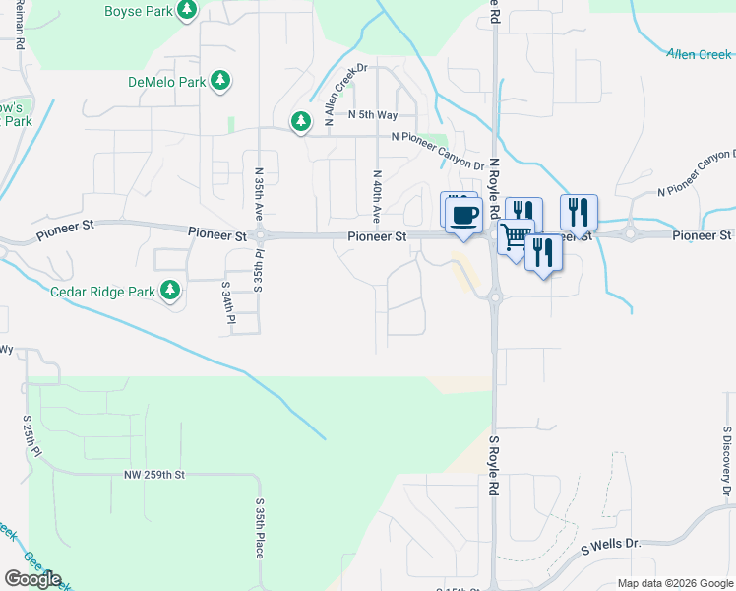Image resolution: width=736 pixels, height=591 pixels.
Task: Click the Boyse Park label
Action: coord(139,12)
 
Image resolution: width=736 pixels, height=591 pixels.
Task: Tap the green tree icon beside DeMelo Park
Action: coord(222,80)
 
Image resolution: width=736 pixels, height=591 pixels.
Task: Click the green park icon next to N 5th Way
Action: coord(300,121)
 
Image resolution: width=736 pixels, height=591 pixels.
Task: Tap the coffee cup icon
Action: coord(464,213)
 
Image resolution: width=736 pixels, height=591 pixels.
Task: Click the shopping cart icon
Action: coord(515,236)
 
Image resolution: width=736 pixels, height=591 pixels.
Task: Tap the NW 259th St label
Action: coord(155,475)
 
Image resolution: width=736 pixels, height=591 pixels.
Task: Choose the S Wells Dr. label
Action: coord(611,545)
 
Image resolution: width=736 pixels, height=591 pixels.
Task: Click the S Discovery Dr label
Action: coord(726,460)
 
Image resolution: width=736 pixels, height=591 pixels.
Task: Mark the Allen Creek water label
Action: coord(699,55)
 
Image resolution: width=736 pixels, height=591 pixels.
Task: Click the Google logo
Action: coord(32,579)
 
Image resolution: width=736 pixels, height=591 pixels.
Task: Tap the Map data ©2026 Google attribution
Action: coord(675,583)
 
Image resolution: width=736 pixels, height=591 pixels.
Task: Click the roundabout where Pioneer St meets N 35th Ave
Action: coord(261,235)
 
